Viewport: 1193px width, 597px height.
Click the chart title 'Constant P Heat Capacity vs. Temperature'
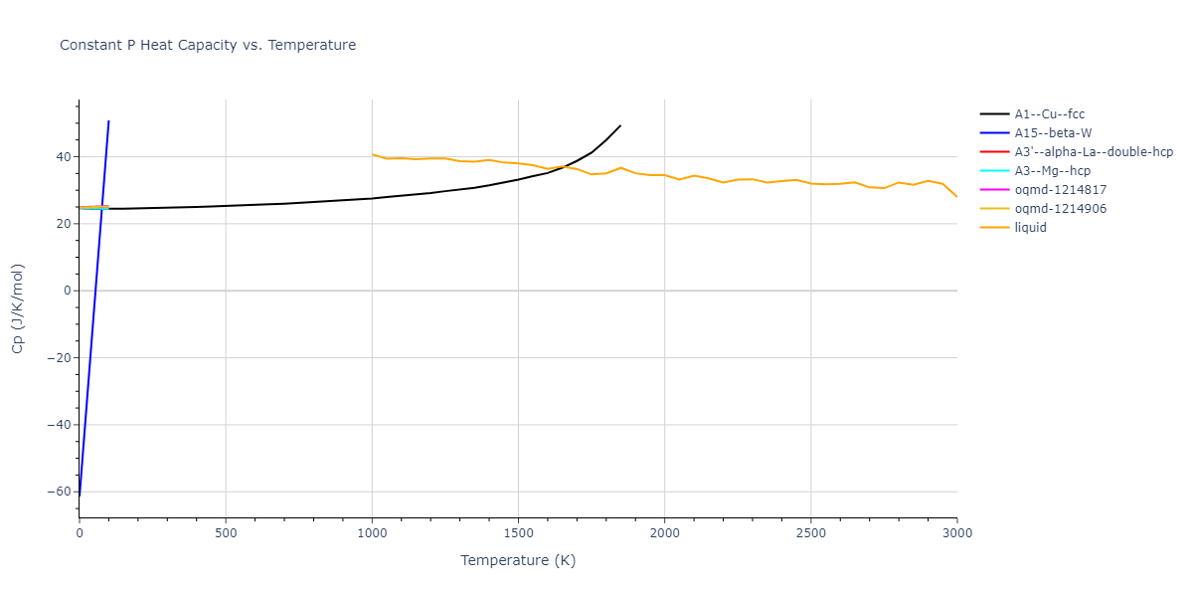tap(208, 45)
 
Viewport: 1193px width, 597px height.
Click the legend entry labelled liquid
tap(1030, 228)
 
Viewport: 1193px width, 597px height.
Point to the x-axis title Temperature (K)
tap(518, 560)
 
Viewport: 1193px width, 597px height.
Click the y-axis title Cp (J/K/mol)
tap(17, 308)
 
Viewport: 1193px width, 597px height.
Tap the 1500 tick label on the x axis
tap(518, 533)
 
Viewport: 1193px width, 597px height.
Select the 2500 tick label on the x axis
tap(810, 533)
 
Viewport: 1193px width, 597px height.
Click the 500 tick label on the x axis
tap(226, 533)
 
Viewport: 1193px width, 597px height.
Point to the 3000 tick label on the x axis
tap(956, 533)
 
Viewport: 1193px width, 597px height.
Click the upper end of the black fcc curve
tap(620, 125)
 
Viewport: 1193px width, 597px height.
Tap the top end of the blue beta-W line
tap(108, 121)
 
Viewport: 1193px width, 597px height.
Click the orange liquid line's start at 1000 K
tap(372, 154)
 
